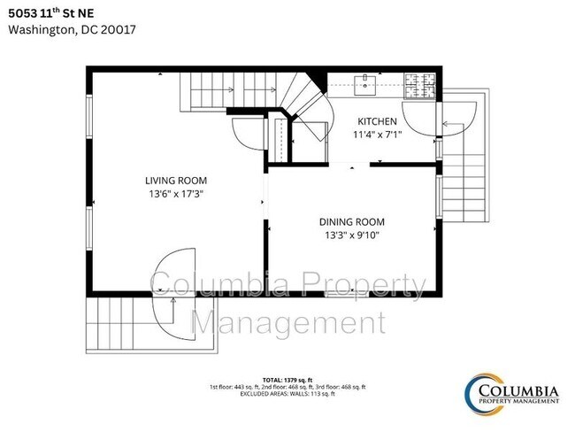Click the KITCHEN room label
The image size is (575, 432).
(x=377, y=121)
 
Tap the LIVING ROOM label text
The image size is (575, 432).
(x=176, y=181)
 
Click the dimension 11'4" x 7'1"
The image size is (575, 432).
(x=377, y=135)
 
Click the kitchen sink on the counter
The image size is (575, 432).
(x=364, y=85)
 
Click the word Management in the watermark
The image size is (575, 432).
(x=288, y=322)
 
